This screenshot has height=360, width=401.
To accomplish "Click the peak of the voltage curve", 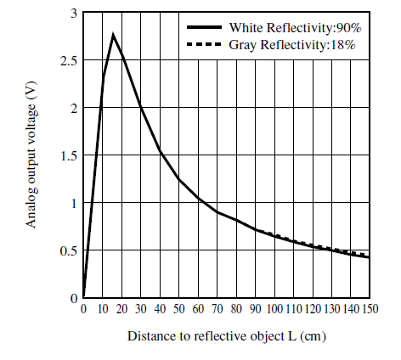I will (x=113, y=35).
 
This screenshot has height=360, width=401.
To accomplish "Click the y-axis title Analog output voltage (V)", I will (x=31, y=156).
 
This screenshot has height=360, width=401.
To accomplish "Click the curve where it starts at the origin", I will (x=84, y=297).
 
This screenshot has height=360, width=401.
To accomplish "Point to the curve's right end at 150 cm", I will (x=368, y=257).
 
